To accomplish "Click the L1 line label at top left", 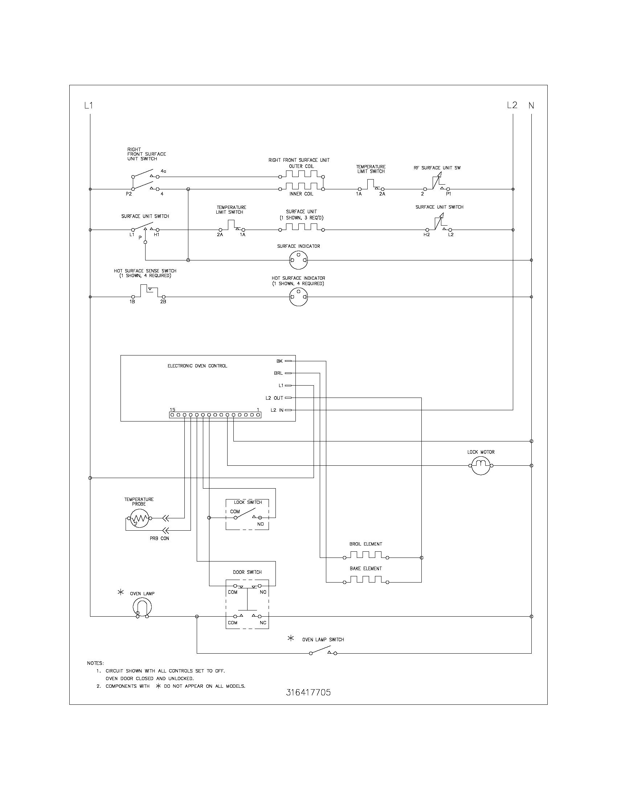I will click(x=89, y=106).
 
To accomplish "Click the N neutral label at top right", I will click(x=531, y=106).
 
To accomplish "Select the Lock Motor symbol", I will click(x=481, y=465).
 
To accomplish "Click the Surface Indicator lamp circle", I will click(x=298, y=260).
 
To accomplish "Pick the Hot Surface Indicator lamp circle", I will click(x=298, y=297).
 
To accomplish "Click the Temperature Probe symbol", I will click(x=138, y=518).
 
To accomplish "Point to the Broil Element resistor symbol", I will click(x=365, y=558).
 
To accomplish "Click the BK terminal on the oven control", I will click(x=279, y=361).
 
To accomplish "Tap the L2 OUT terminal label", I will click(x=274, y=398).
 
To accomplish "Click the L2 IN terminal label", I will click(x=277, y=410).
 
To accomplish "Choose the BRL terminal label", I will click(x=278, y=373).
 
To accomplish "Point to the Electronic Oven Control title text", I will click(x=197, y=366).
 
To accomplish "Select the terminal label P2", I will click(x=129, y=194).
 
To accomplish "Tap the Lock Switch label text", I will click(x=248, y=502).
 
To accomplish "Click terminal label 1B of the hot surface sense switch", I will click(x=132, y=302).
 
